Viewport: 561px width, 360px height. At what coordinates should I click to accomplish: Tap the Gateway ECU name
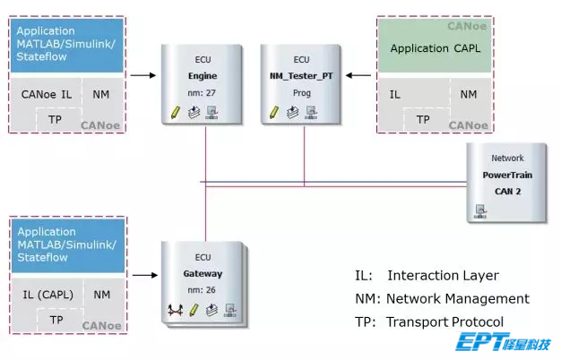203,274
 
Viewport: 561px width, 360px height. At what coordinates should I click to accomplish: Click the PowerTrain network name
507,176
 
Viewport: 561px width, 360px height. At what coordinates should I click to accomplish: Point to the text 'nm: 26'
203,290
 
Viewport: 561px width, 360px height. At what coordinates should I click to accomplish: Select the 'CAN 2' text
507,191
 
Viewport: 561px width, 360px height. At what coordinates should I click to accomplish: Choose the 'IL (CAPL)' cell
47,294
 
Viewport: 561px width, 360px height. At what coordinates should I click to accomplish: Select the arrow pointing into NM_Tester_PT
359,76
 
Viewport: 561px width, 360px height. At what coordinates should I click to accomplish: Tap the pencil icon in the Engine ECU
176,113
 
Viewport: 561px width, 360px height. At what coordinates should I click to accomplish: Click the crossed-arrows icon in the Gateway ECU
176,311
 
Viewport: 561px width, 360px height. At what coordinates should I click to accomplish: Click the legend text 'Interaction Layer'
442,276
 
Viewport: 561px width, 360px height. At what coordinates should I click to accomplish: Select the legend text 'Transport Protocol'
444,321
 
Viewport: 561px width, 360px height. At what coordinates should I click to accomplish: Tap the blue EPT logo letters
483,343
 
